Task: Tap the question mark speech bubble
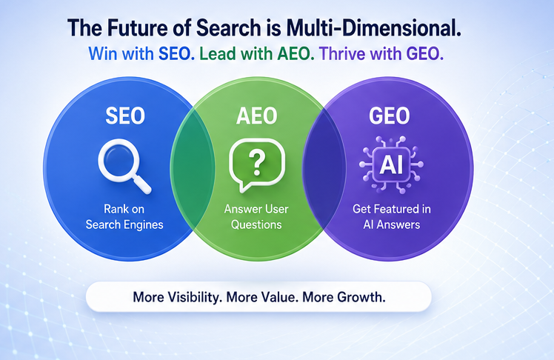(257, 164)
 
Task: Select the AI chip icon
(391, 164)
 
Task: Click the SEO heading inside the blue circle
(125, 116)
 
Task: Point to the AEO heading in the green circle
(257, 116)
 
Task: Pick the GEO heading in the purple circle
(390, 116)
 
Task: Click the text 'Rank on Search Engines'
(124, 217)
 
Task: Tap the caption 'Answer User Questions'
(256, 217)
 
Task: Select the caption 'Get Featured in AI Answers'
(392, 217)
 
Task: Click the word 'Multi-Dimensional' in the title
(373, 28)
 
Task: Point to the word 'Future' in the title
(136, 28)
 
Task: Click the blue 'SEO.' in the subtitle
(177, 54)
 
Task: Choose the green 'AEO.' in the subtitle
(296, 54)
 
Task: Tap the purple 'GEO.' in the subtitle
(425, 54)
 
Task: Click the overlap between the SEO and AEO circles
(193, 169)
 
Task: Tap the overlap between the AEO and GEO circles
(324, 169)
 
